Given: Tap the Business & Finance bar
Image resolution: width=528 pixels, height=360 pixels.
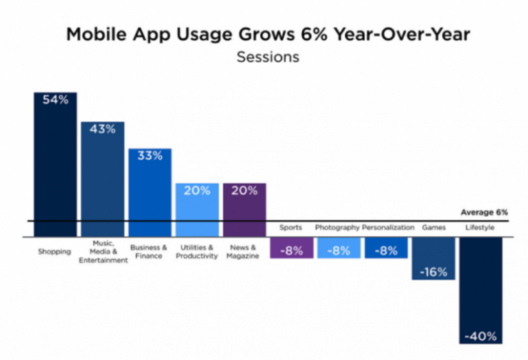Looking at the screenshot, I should [x=150, y=193].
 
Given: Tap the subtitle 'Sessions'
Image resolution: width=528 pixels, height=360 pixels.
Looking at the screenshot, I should [x=267, y=57].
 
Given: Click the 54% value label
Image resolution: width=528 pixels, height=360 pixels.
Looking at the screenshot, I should [x=56, y=100].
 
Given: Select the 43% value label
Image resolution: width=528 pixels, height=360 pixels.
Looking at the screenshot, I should [x=102, y=129].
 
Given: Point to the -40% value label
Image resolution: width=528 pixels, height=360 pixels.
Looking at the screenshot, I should [x=481, y=336].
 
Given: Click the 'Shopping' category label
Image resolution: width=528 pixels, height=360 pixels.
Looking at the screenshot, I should [x=55, y=251].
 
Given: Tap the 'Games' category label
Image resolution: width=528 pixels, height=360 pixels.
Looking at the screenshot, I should [x=433, y=227].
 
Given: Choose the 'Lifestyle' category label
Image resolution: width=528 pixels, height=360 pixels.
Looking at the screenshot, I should [x=481, y=227].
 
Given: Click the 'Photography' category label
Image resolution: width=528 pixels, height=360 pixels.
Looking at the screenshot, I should [x=337, y=227].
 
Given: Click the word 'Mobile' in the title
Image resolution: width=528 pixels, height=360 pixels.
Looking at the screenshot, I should [x=92, y=35].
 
